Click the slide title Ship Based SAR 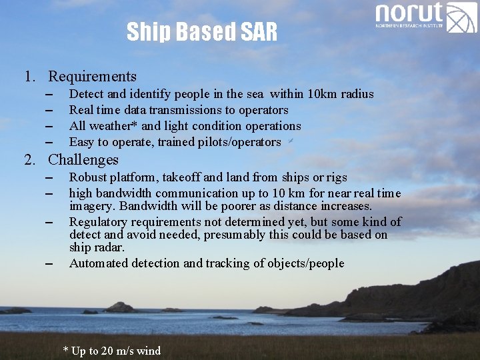(x=201, y=31)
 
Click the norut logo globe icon (x=461, y=17)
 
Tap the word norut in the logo (x=409, y=13)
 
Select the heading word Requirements (x=92, y=77)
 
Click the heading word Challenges (x=83, y=160)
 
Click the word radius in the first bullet (x=357, y=94)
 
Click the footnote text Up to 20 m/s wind (x=115, y=351)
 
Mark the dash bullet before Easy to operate (x=49, y=142)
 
